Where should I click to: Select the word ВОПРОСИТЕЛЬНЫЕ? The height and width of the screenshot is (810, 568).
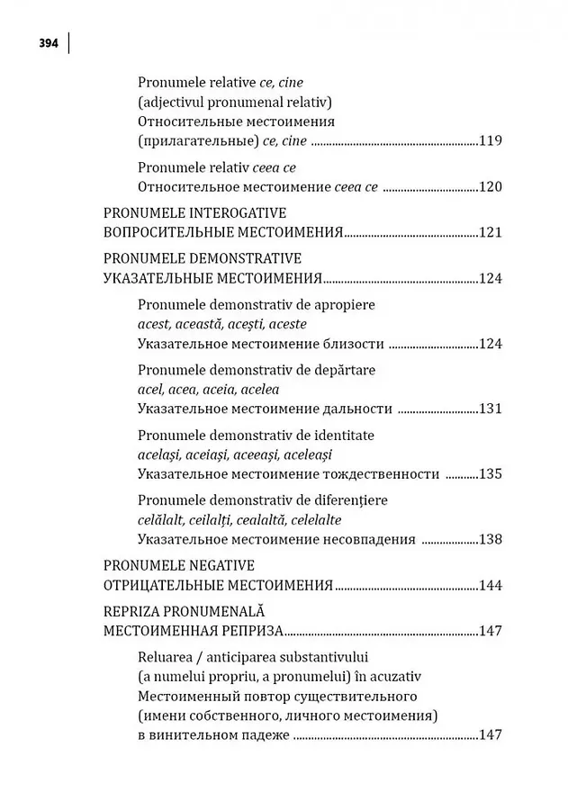(167, 233)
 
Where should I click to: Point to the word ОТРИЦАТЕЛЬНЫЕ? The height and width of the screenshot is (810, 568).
(159, 586)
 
